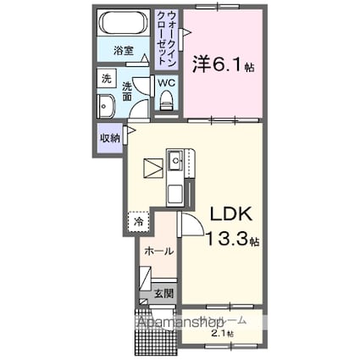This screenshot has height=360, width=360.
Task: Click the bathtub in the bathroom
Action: click(124, 23)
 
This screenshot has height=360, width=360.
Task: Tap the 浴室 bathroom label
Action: click(124, 51)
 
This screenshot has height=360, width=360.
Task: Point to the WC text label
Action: click(167, 83)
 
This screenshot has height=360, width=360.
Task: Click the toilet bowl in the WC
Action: click(166, 102)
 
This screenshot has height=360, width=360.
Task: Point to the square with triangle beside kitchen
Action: click(152, 167)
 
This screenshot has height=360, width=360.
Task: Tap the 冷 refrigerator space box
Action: click(139, 222)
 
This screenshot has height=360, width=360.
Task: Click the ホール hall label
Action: click(158, 252)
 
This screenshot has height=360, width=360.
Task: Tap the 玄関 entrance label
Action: click(163, 294)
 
